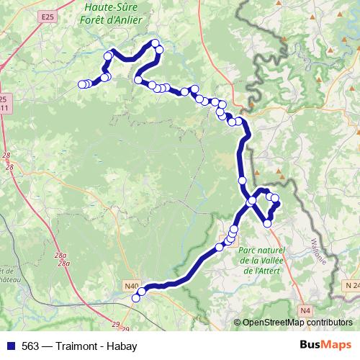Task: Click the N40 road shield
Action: click(131, 286)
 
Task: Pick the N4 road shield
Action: click(305, 310)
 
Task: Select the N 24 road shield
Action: click(351, 286)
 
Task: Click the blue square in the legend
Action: click(9, 345)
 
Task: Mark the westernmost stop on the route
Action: click(81, 84)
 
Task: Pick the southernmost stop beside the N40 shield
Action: click(135, 298)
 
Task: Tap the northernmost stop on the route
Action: click(155, 43)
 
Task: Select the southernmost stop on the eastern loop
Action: click(268, 224)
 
